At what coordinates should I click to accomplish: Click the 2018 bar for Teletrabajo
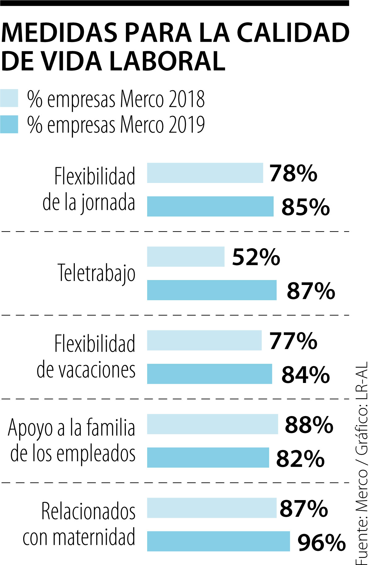point(185,257)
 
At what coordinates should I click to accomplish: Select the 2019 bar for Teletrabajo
point(211,290)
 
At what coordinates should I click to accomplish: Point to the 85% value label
point(305,207)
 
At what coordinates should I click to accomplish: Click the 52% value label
point(256,257)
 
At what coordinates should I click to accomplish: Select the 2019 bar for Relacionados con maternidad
point(218,541)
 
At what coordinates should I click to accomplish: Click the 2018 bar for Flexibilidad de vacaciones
point(204,340)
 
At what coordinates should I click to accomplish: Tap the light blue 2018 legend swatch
point(9,98)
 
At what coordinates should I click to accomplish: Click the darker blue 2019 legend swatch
point(9,124)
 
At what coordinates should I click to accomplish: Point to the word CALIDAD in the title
point(293,33)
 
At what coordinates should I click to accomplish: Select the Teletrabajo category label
point(96,273)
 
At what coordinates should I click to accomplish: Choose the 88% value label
point(309,425)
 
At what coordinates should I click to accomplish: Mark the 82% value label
point(300,458)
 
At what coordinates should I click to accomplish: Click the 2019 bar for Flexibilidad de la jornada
point(210,206)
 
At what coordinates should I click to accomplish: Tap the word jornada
point(108,203)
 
